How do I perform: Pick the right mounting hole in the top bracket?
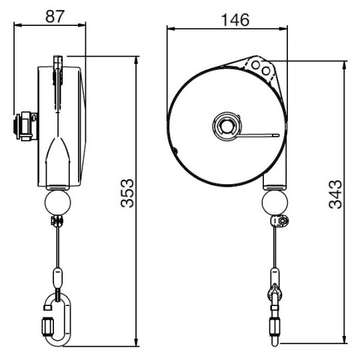click(267, 69)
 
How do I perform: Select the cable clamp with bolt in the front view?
click(281, 221)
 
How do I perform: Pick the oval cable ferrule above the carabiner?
click(57, 275)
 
